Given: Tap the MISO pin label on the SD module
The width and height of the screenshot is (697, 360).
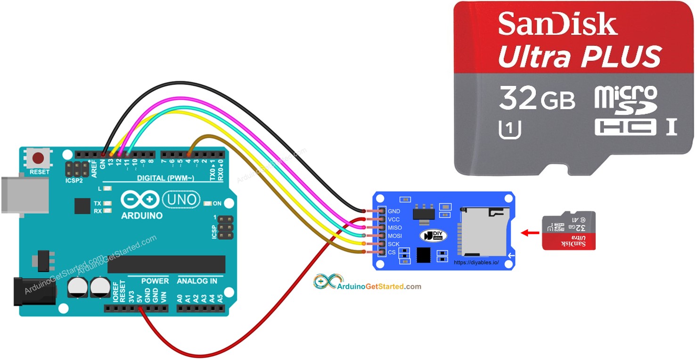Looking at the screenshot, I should [394, 228].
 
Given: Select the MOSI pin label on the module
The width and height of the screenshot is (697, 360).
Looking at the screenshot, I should [394, 236].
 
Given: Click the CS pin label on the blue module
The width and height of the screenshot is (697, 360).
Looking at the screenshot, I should [392, 252].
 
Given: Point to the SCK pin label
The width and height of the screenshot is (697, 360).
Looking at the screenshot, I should [394, 244].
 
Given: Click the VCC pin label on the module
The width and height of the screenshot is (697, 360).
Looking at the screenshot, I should [394, 220].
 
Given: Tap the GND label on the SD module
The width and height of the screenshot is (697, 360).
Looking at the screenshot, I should [394, 211].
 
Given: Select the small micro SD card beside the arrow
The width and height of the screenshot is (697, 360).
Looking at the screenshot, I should [569, 230].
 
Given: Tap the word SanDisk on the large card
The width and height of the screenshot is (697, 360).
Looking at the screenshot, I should [558, 25].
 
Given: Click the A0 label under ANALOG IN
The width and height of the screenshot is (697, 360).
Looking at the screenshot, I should [180, 299].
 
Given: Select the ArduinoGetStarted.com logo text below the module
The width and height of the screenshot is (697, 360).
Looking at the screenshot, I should [379, 286].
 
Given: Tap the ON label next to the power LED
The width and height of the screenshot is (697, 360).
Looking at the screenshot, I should [217, 204].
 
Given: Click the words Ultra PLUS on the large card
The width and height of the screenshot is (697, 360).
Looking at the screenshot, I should [579, 57].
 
